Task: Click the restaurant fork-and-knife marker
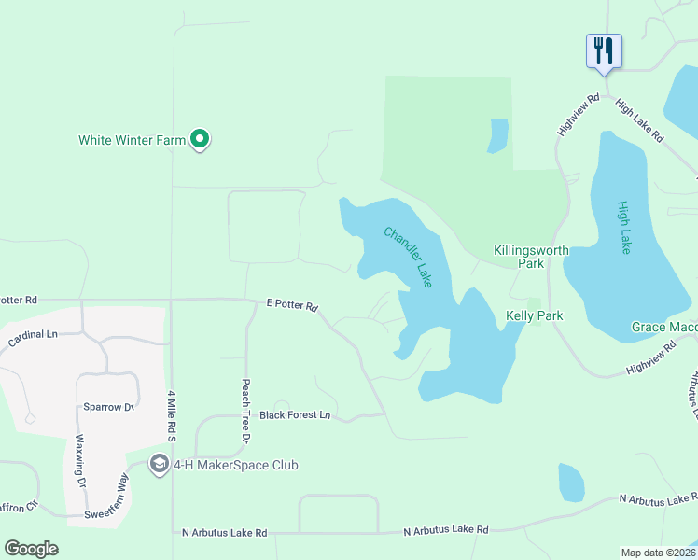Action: (x=604, y=50)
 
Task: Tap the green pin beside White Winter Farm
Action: (x=199, y=140)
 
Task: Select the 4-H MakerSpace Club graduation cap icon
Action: (x=159, y=465)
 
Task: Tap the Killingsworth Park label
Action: (x=531, y=257)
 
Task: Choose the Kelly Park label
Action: (x=534, y=315)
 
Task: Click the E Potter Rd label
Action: (x=292, y=305)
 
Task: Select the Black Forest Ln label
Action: (x=295, y=414)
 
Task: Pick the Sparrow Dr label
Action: (x=108, y=408)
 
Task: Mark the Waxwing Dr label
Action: (x=80, y=461)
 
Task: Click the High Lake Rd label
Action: (x=639, y=120)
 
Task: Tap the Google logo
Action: (x=31, y=549)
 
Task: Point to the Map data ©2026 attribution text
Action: (x=657, y=553)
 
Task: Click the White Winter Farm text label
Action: (x=132, y=141)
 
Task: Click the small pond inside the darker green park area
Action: (x=498, y=135)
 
